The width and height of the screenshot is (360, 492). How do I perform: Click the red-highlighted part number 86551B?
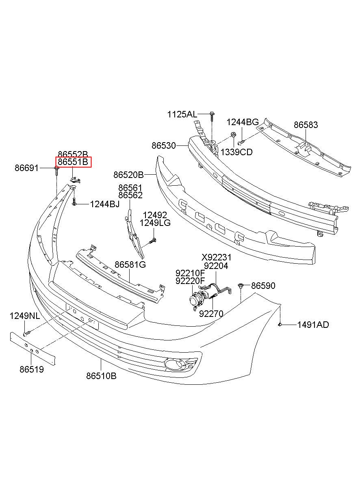74,163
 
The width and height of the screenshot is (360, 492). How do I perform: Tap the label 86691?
27,167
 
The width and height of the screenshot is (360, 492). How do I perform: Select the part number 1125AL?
182,115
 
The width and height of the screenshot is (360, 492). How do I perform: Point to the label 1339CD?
236,152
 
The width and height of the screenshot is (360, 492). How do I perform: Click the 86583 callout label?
306,125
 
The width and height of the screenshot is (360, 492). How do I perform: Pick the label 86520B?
128,175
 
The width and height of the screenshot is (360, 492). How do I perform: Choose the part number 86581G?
130,265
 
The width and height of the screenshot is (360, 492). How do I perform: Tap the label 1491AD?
313,325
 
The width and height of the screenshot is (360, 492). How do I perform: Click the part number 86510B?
101,376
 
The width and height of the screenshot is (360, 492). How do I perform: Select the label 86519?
31,369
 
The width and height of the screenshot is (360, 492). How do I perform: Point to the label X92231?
217,258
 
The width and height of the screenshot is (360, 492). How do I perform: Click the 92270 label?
211,314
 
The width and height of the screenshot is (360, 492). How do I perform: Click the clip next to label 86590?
241,286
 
